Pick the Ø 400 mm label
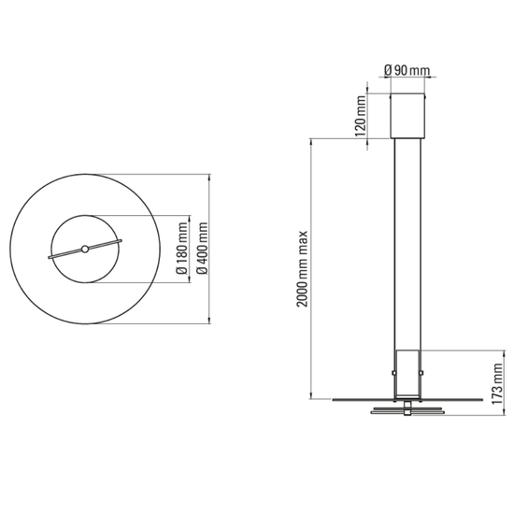tap(203, 249)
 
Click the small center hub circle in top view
tap(84, 249)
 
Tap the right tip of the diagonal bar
tap(121, 242)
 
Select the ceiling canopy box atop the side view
tap(407, 115)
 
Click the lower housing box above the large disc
tap(407, 374)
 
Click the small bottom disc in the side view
tap(407, 410)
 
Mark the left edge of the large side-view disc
tap(332, 399)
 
